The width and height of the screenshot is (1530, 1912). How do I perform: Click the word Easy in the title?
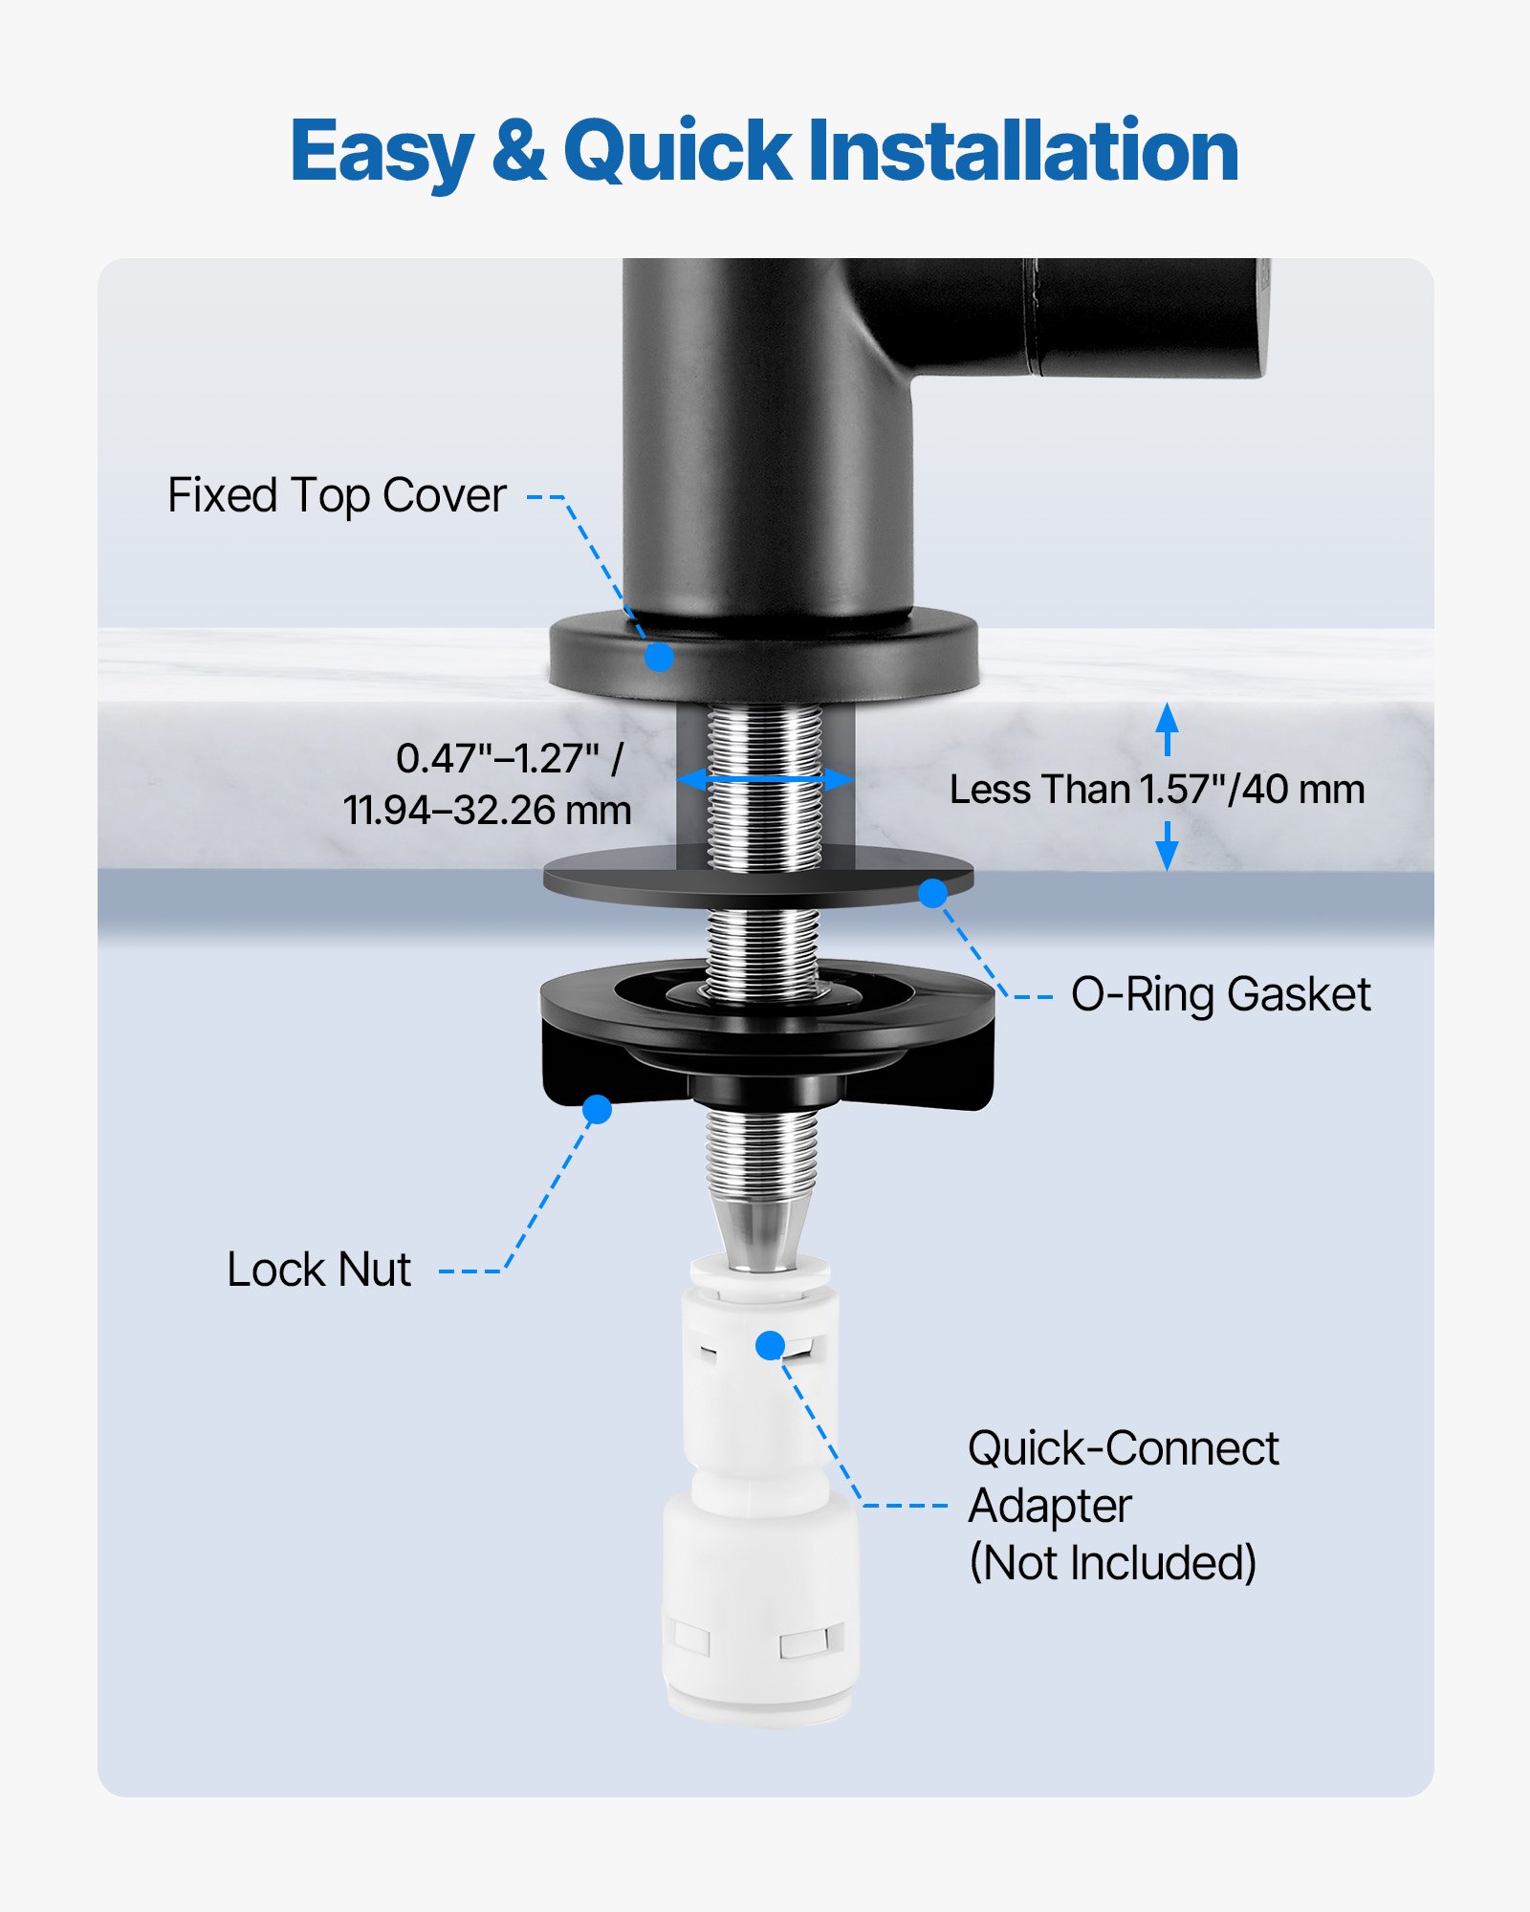point(381,153)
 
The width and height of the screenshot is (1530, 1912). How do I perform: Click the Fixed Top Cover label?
point(337,495)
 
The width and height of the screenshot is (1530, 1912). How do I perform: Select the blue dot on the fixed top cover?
point(659,657)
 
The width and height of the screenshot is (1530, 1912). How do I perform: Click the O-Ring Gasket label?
point(1220,994)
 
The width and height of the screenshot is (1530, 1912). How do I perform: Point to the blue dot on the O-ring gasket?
point(932,893)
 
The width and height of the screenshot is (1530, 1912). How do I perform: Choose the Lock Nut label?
point(318,1270)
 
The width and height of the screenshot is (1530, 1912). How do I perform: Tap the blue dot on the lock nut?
point(597,1109)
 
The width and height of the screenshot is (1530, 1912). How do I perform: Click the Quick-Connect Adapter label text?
point(1123,1477)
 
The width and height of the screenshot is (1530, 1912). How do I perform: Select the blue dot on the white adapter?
point(770,1345)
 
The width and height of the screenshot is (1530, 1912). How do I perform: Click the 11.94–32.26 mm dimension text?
point(488,811)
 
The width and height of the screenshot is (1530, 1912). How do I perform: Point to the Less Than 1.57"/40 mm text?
point(1157,790)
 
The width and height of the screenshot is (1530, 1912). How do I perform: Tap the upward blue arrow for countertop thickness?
point(1167,728)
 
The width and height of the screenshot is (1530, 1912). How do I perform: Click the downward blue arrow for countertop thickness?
point(1167,847)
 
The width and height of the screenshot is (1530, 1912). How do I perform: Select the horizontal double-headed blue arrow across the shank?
point(765,779)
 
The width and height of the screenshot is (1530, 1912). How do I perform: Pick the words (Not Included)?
point(1112,1563)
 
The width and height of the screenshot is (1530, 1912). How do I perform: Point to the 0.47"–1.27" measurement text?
point(509,759)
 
